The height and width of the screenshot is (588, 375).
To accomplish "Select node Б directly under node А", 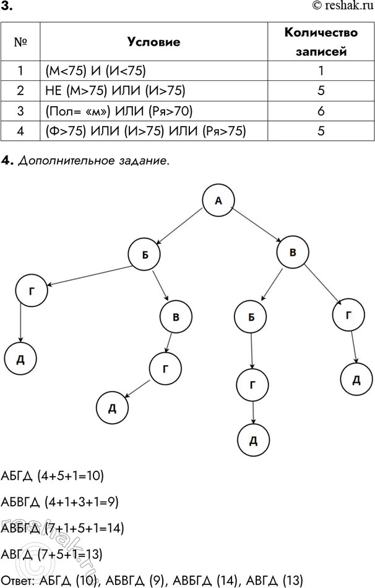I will [144, 254].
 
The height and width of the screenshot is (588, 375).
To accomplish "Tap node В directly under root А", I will [292, 252].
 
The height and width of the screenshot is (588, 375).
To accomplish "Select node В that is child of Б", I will [176, 317].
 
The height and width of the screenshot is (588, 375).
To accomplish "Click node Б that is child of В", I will [251, 317].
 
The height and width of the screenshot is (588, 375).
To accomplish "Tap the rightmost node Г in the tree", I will [349, 315].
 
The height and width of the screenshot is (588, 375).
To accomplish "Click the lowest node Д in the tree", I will [252, 440].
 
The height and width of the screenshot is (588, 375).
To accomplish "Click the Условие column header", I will [153, 42].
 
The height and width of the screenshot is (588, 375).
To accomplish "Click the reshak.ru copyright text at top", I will [340, 6].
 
